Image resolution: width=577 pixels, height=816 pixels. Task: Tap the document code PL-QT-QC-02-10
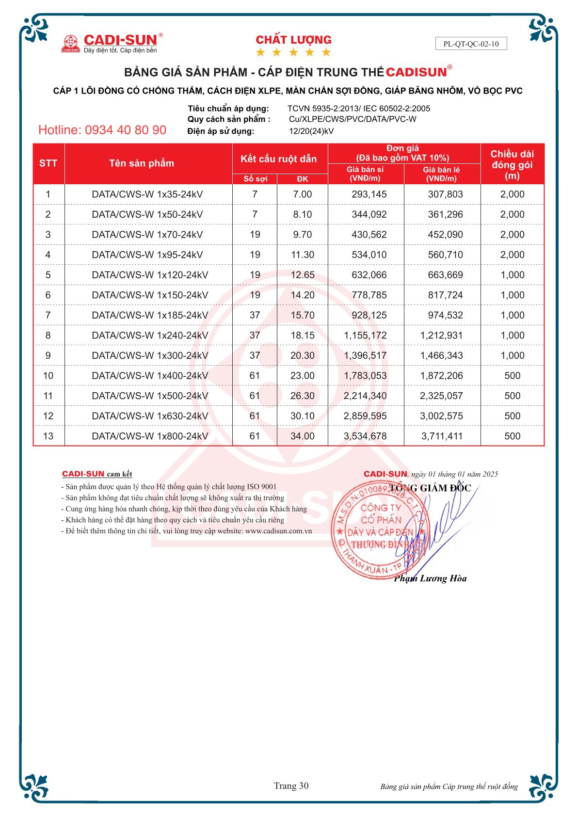coord(471,44)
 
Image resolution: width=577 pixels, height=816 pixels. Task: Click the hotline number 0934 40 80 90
coord(102,130)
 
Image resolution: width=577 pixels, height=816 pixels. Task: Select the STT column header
coord(48,163)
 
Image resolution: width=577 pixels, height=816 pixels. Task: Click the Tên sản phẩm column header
coord(142,163)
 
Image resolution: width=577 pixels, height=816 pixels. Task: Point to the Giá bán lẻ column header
coord(441,174)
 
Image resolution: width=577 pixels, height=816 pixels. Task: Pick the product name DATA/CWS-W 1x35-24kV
coord(147,194)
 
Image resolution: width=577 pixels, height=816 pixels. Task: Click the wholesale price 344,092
coord(369,214)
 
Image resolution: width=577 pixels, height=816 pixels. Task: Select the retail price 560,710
coord(445,255)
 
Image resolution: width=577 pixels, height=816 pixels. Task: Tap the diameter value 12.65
coord(303,275)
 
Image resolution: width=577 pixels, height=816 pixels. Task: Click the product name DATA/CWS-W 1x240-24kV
coord(150,335)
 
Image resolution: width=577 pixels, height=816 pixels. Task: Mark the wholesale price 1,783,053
coord(365,376)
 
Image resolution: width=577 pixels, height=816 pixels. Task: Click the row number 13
coord(48,436)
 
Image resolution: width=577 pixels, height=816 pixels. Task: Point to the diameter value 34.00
coord(303,436)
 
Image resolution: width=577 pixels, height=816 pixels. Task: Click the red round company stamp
coord(379,530)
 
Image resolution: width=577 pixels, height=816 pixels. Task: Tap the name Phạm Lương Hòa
coord(430,578)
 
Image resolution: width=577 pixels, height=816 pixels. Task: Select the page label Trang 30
coord(291,786)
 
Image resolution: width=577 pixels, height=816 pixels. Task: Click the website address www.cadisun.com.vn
coord(278,531)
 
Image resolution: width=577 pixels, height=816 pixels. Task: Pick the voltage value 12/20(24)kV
coord(311,131)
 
